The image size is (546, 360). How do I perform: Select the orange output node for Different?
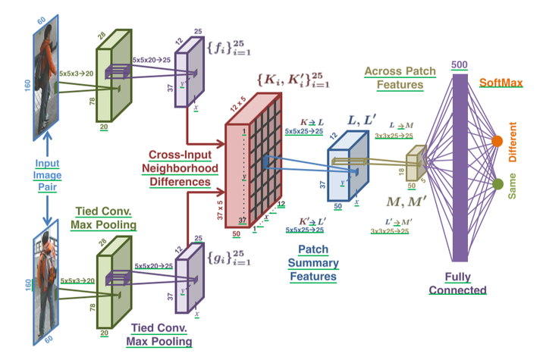pyautogui.click(x=498, y=141)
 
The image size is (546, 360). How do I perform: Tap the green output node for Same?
pyautogui.click(x=498, y=184)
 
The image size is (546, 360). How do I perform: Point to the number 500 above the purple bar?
pyautogui.click(x=460, y=65)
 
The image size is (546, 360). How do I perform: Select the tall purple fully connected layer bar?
pyautogui.click(x=460, y=171)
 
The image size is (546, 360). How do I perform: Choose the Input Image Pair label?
pyautogui.click(x=46, y=176)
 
